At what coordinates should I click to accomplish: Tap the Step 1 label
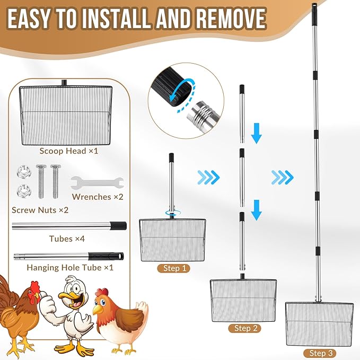pyautogui.click(x=172, y=268)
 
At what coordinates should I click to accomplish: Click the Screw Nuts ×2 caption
pyautogui.click(x=40, y=209)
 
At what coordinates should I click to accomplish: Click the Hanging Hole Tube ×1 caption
pyautogui.click(x=70, y=267)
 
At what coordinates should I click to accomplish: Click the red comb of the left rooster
pyautogui.click(x=35, y=286)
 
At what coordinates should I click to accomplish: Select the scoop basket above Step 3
pyautogui.click(x=319, y=324)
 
